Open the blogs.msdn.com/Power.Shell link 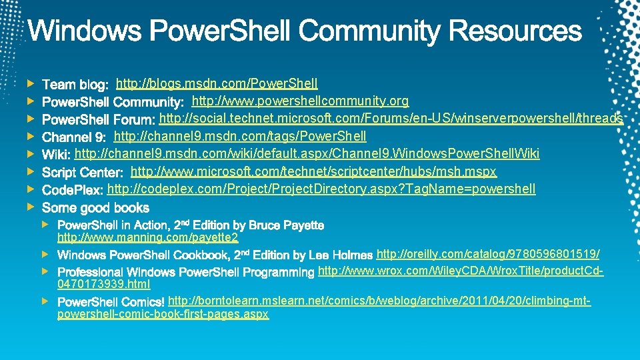tap(217, 83)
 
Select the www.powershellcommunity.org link tap(300, 101)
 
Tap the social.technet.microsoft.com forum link tap(391, 119)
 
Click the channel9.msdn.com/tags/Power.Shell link tap(240, 137)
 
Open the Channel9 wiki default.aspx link tap(307, 154)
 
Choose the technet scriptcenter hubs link tap(313, 172)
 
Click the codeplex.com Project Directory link tap(321, 189)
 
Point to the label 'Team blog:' tap(75, 85)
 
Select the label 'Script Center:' tap(83, 173)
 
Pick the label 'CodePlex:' tap(72, 191)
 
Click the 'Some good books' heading tap(95, 208)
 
